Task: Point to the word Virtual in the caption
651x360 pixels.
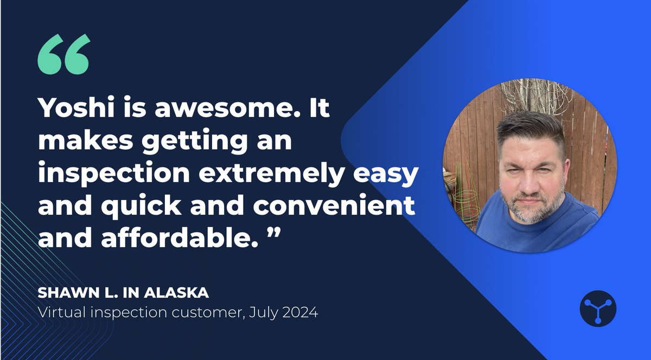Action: coord(58,313)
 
